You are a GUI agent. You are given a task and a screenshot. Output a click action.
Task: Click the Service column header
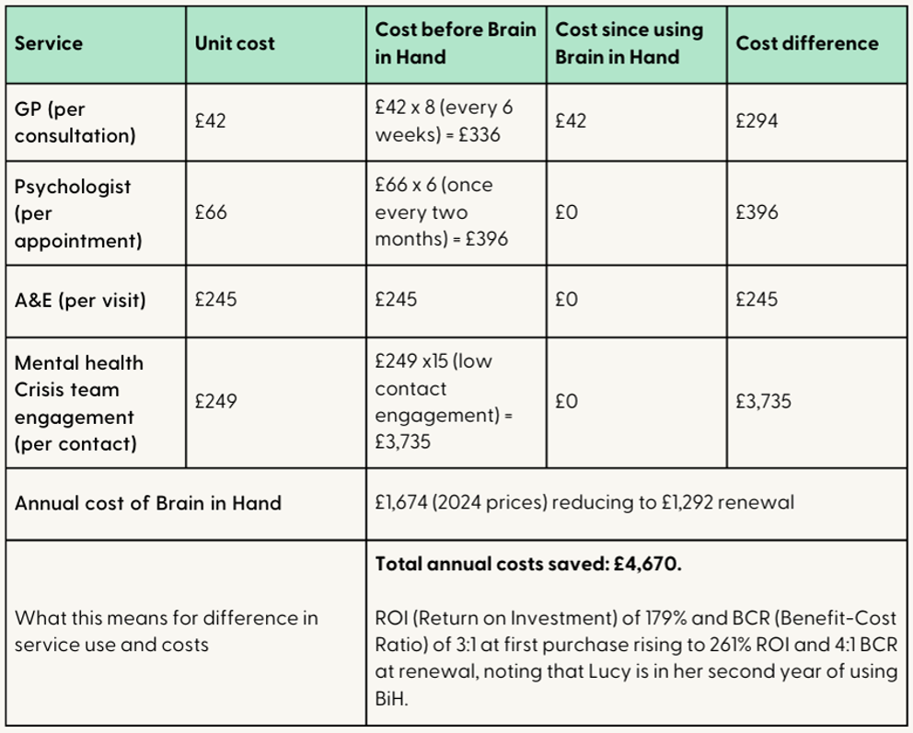(48, 43)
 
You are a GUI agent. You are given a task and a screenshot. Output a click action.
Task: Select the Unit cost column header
(234, 43)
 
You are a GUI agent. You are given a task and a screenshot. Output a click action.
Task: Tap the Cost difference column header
(806, 43)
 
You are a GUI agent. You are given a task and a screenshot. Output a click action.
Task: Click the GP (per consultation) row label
(75, 122)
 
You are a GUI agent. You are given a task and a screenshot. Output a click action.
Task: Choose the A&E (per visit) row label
(80, 301)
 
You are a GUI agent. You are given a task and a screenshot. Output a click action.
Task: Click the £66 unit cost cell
(210, 212)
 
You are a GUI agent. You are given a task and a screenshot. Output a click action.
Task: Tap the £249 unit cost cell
(214, 401)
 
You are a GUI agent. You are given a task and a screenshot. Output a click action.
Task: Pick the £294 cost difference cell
(756, 120)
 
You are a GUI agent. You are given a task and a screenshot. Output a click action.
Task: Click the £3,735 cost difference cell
(763, 401)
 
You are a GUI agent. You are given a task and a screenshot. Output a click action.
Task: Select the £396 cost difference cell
(757, 212)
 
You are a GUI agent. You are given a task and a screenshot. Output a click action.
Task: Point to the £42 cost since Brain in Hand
(571, 120)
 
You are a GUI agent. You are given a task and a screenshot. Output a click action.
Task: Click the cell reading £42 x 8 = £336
(444, 120)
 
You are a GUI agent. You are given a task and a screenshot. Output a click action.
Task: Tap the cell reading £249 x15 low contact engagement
(444, 402)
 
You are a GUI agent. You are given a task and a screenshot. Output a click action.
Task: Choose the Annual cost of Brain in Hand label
(147, 503)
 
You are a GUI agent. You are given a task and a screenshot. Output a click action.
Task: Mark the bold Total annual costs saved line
(528, 565)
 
